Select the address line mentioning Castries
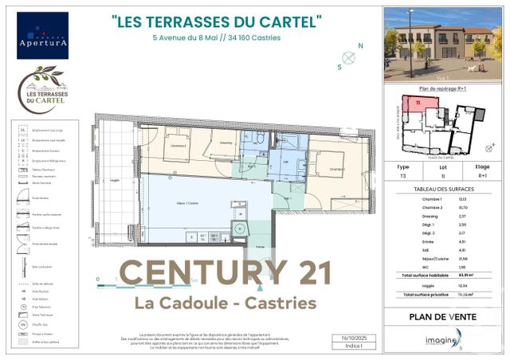pyautogui.click(x=217, y=37)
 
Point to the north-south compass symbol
pyautogui.click(x=349, y=57)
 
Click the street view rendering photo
pyautogui.click(x=440, y=45)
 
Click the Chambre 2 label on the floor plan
pyautogui.click(x=178, y=146)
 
